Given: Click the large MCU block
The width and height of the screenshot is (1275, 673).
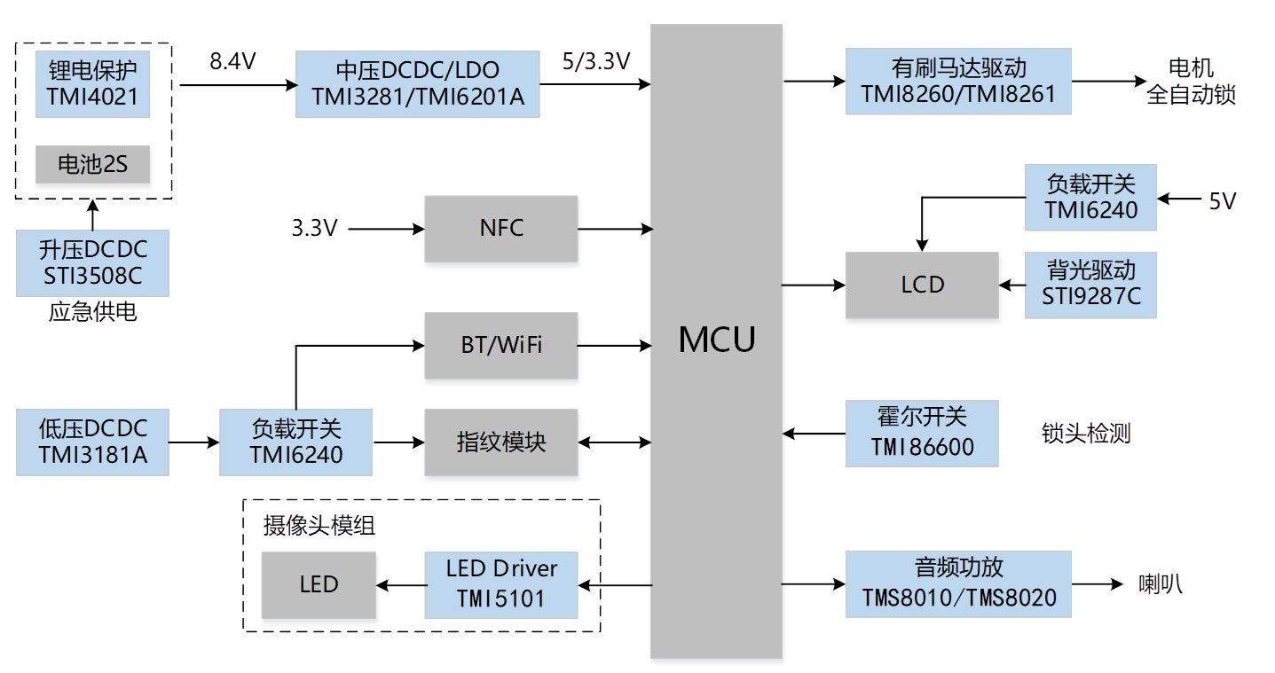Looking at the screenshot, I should (x=716, y=340).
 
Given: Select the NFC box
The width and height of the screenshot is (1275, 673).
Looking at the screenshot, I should (x=500, y=229).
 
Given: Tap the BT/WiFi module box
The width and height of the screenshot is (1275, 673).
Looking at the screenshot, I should (x=500, y=345).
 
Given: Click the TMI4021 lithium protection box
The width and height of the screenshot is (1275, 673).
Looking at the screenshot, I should (x=92, y=83).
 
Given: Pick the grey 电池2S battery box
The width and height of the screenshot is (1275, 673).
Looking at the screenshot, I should (x=92, y=164).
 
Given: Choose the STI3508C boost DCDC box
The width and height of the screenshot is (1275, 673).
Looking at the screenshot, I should (x=92, y=262).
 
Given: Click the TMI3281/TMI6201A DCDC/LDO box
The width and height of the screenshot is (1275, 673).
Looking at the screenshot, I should (x=417, y=83).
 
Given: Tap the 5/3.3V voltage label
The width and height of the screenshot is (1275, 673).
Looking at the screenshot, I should (x=596, y=61).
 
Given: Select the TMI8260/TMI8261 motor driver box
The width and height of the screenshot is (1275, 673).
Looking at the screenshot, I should (x=958, y=81).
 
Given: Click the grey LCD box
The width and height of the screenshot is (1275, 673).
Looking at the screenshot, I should (x=922, y=285).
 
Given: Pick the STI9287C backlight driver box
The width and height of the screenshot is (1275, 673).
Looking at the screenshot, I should (x=1090, y=285).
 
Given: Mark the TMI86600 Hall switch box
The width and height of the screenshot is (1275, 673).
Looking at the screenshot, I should (x=922, y=434).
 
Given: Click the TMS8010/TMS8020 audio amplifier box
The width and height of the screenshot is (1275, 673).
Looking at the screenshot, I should (x=958, y=583).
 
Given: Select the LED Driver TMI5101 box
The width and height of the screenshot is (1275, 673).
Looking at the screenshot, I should (x=500, y=584).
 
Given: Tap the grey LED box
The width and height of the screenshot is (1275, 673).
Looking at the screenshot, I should (x=319, y=584).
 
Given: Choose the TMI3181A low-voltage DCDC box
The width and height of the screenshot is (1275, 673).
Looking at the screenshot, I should (x=92, y=442).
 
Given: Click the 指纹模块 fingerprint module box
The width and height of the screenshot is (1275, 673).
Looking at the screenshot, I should (x=500, y=442).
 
